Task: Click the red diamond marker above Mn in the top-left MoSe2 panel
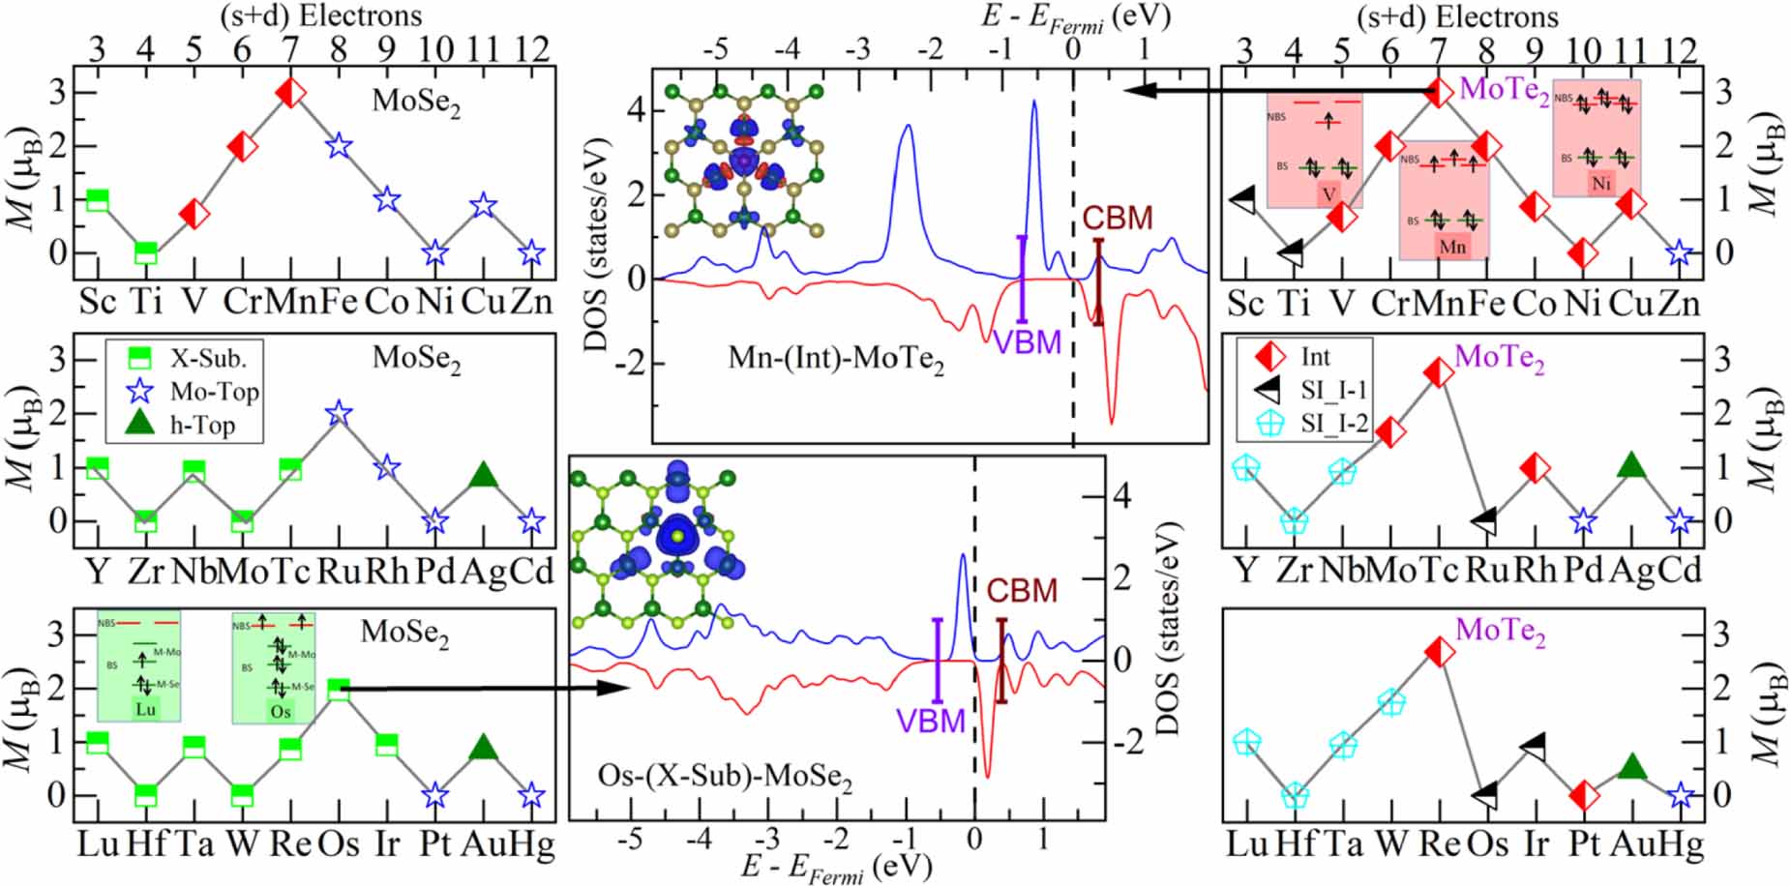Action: (290, 93)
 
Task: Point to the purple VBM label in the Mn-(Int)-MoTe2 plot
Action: (1027, 342)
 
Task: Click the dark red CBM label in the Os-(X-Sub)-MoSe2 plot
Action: (1022, 591)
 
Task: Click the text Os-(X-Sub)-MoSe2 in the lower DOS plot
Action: (725, 777)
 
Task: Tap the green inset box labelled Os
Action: (280, 667)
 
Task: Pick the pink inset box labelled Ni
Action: (1596, 138)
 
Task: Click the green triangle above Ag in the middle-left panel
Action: (484, 475)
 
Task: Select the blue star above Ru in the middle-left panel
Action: (339, 413)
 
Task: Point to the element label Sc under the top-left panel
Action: (97, 302)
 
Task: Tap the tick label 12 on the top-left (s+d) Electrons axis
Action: (531, 49)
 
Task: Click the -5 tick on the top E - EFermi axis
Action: (715, 49)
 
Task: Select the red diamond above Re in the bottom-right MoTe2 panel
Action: (1439, 653)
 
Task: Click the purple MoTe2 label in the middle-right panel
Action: (1499, 357)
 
